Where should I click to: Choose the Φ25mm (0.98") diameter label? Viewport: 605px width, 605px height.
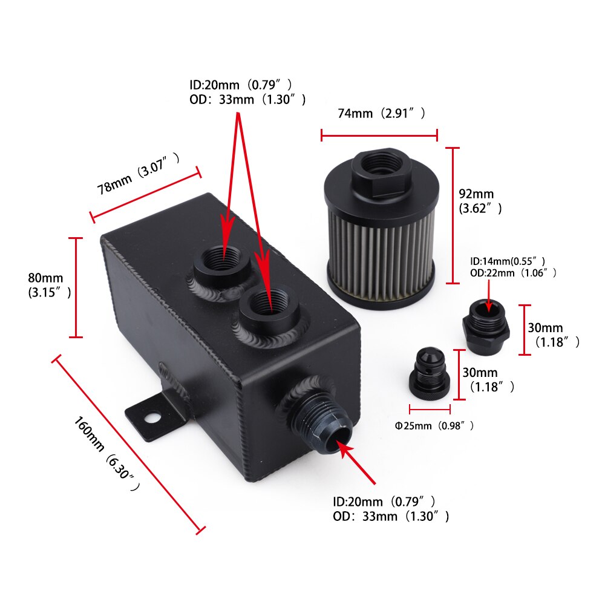pyautogui.click(x=434, y=426)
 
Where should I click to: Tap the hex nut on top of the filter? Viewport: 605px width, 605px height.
pyautogui.click(x=379, y=172)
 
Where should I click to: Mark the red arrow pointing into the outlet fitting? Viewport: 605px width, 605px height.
pyautogui.click(x=357, y=463)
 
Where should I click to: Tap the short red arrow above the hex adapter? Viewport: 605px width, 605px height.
pyautogui.click(x=489, y=296)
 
